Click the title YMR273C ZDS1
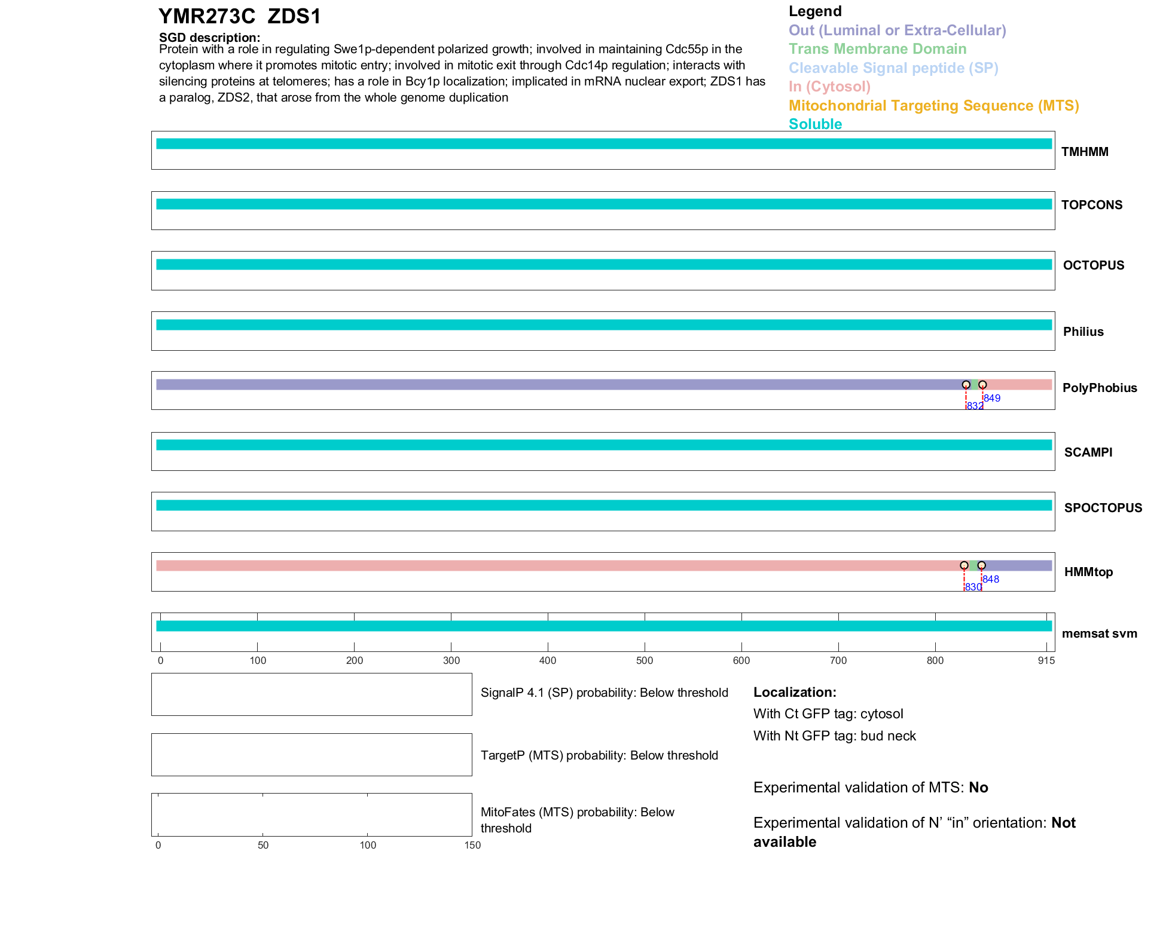point(239,16)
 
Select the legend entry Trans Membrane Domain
point(877,49)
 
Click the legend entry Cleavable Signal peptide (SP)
point(893,68)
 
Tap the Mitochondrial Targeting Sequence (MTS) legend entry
point(933,106)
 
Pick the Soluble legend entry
point(815,124)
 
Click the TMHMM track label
point(1085,152)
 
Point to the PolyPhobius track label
point(1100,388)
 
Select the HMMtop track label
point(1088,572)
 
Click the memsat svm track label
point(1099,633)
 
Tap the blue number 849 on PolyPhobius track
point(992,398)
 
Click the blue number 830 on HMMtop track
point(973,587)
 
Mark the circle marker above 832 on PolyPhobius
point(966,385)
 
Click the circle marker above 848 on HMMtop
point(981,565)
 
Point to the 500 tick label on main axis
point(645,660)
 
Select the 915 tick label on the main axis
point(1046,660)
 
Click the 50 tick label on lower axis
point(263,845)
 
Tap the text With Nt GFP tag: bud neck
point(834,736)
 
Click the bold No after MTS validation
point(978,788)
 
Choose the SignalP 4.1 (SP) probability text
point(604,693)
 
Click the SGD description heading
point(209,38)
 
